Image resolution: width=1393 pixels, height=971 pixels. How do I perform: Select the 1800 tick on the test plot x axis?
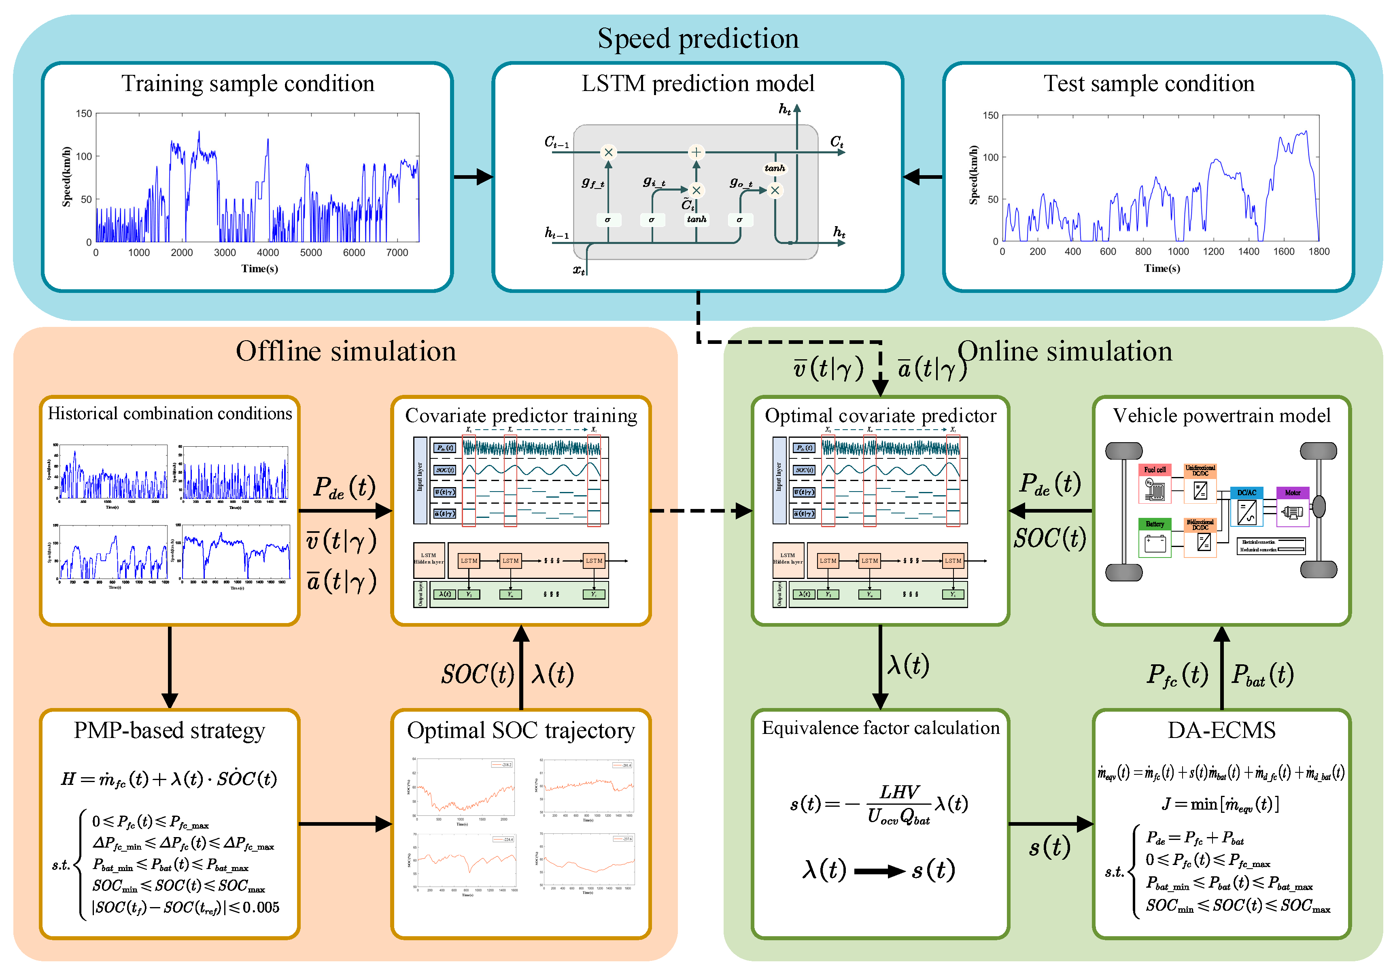[1319, 251]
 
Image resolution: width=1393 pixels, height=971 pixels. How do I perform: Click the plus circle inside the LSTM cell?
[696, 152]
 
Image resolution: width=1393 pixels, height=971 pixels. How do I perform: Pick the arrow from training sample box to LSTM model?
[473, 177]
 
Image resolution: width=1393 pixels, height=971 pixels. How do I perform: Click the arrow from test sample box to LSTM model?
[923, 177]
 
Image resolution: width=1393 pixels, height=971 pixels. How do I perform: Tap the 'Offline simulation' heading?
[346, 351]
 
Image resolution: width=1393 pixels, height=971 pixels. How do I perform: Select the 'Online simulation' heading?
[1065, 351]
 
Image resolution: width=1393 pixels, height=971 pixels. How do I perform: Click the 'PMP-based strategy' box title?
[169, 730]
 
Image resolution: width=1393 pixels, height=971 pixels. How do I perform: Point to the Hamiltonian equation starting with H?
[169, 779]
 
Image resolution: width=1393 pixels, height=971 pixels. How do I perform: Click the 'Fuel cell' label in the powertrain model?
[1155, 469]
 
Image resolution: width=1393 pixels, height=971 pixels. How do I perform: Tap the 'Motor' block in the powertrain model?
[1292, 492]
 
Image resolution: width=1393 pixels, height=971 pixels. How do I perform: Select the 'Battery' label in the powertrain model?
[1155, 524]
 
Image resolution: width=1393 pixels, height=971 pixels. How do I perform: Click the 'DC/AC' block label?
[1247, 492]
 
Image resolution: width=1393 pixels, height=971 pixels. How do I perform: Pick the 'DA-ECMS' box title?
[1221, 730]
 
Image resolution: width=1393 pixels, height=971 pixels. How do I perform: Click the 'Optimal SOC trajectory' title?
[520, 730]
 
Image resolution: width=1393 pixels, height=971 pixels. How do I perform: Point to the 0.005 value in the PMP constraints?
[261, 907]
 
